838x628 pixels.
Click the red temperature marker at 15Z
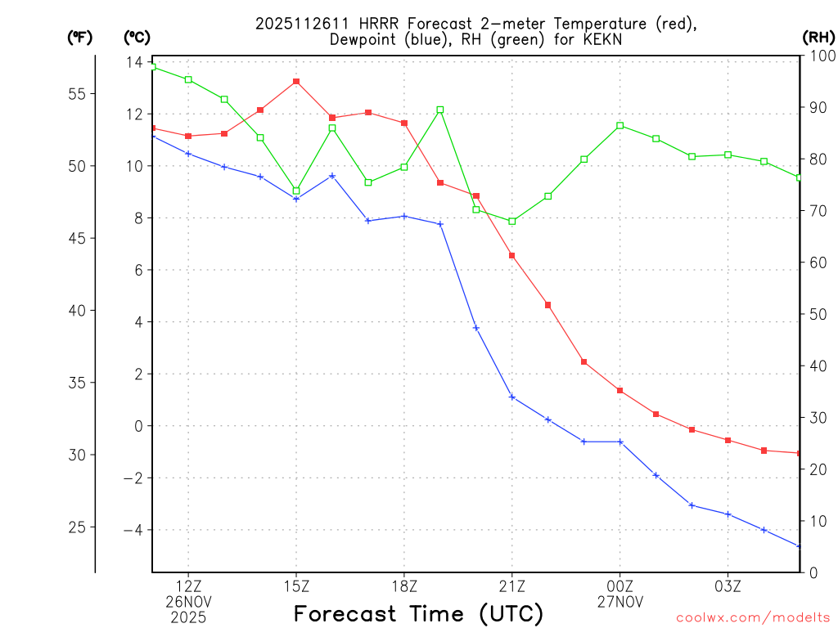[296, 82]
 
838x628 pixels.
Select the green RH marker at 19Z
[440, 110]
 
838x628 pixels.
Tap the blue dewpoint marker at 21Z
[512, 397]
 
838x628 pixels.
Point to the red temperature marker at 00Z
[620, 391]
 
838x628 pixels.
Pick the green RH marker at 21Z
[512, 222]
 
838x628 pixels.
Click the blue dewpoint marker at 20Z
[476, 328]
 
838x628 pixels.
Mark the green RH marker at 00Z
[620, 126]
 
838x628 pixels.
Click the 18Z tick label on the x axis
[404, 586]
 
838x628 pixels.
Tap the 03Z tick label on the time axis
[728, 586]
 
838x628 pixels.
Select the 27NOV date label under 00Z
[620, 602]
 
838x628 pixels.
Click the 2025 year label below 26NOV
[188, 617]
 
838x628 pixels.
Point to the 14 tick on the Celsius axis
[134, 62]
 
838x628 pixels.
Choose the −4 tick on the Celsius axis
[131, 531]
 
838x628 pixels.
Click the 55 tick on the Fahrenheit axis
[77, 94]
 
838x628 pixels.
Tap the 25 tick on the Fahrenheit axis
[77, 527]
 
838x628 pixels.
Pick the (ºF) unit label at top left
[80, 37]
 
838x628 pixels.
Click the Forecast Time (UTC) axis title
[418, 613]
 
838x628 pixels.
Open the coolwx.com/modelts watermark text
[753, 617]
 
